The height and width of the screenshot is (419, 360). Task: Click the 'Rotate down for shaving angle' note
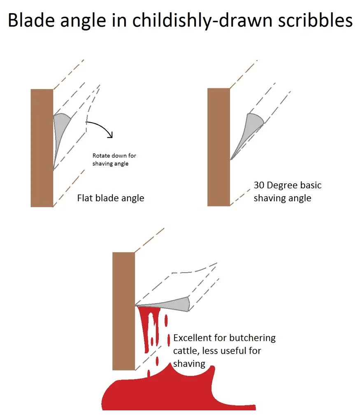[x=114, y=160]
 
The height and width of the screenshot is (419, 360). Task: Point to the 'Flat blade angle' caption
[x=111, y=198]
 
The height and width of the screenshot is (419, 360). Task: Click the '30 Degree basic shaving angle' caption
[x=287, y=191]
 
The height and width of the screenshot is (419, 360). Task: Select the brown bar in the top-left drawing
[x=42, y=148]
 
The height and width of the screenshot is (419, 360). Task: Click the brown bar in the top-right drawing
[x=218, y=147]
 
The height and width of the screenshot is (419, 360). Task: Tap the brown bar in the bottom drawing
[x=123, y=311]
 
